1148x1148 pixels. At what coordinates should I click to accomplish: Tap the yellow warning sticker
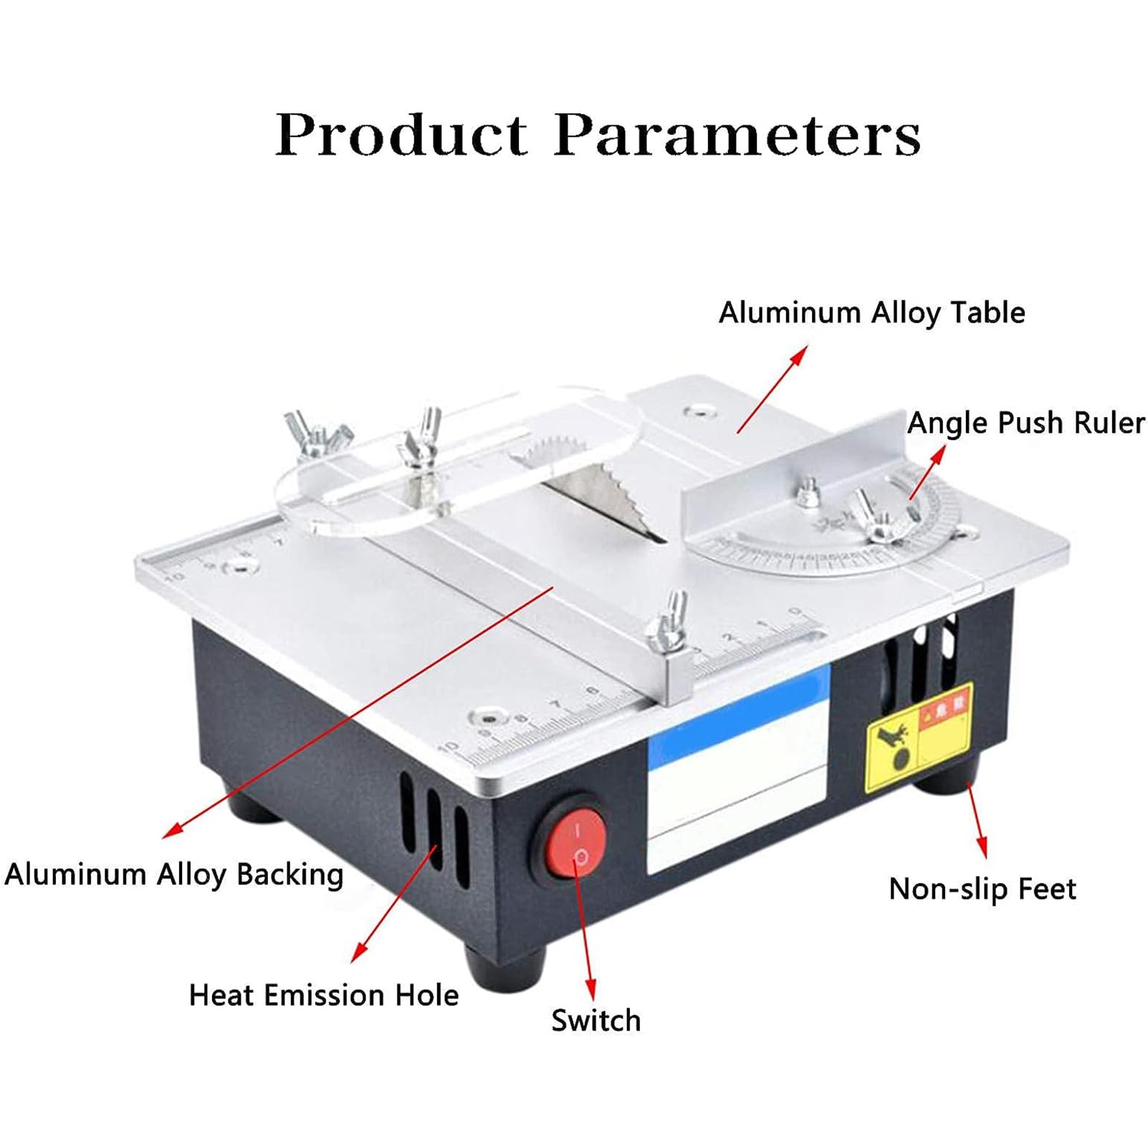[x=919, y=736]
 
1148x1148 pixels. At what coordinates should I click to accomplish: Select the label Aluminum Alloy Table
[x=871, y=312]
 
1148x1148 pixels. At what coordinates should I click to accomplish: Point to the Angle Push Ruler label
[x=1025, y=423]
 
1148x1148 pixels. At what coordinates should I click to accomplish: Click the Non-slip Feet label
[x=982, y=889]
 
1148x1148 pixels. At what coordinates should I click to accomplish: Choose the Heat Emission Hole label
[x=323, y=995]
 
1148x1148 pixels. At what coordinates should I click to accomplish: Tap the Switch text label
[x=595, y=1020]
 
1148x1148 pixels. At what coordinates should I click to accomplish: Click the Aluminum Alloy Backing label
[x=174, y=874]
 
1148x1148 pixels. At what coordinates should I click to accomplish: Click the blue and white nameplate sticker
[x=738, y=767]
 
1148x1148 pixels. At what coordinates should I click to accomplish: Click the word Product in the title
[x=401, y=134]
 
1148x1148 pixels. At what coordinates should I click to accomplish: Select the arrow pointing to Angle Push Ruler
[x=927, y=473]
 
